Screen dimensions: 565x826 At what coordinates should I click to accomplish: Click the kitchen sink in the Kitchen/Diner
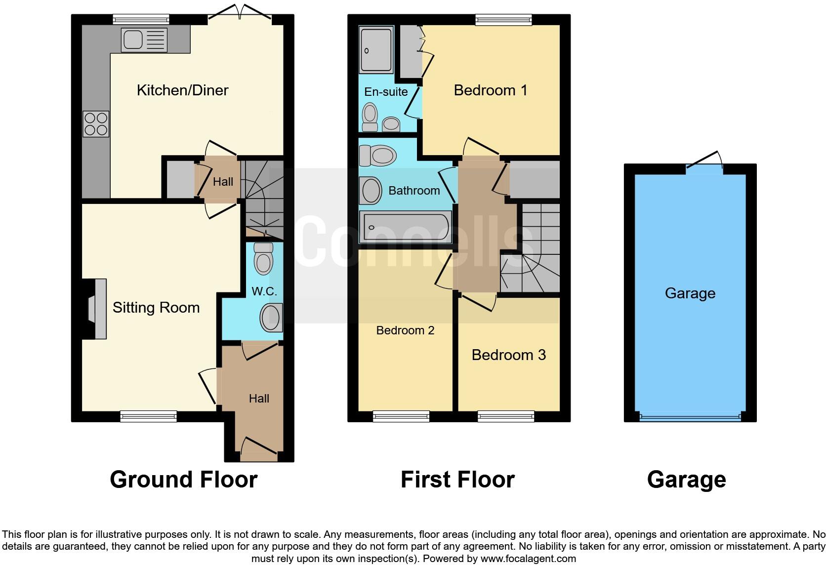(144, 40)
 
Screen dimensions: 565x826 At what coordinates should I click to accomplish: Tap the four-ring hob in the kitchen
(96, 124)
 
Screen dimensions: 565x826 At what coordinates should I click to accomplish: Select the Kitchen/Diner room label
(182, 90)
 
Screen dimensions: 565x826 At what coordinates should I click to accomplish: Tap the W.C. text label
(264, 291)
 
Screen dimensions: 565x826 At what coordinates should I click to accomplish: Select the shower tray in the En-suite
(376, 49)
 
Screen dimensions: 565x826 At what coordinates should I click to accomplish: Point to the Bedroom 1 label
(490, 90)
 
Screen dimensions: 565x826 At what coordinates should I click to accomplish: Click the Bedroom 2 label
(405, 330)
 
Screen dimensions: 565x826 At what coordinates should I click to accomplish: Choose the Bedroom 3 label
(508, 355)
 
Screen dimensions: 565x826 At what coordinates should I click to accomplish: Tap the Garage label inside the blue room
(690, 293)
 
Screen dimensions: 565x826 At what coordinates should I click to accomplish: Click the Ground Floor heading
(183, 480)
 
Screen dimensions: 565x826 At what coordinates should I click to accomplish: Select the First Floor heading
(457, 480)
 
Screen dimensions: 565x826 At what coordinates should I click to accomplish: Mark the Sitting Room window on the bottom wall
(149, 417)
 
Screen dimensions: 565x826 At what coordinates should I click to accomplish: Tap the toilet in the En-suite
(370, 117)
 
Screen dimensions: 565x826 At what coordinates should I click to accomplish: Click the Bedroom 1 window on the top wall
(503, 20)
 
